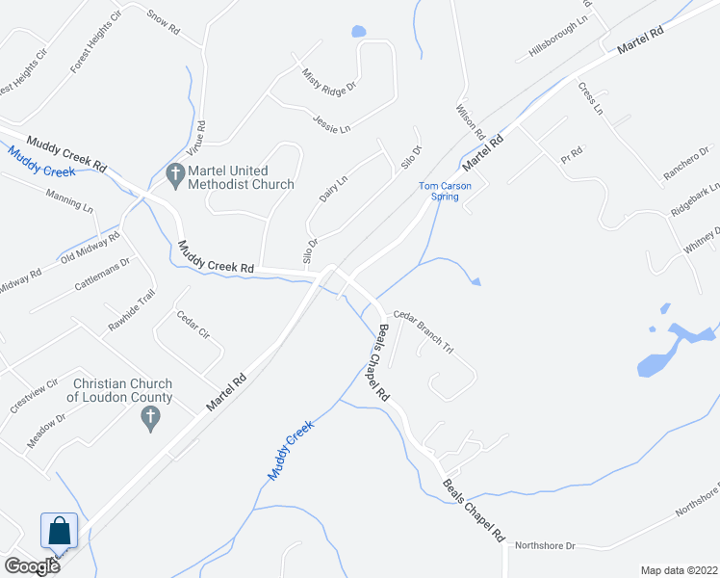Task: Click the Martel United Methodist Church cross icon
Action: click(x=175, y=175)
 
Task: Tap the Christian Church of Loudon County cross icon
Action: click(x=149, y=417)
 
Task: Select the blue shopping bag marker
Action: click(x=59, y=531)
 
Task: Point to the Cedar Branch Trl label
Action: click(x=424, y=334)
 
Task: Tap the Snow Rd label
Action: click(x=164, y=23)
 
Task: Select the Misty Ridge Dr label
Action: click(x=328, y=80)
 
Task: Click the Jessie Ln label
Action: click(x=331, y=122)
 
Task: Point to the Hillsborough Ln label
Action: click(x=558, y=40)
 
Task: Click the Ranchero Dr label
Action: click(x=686, y=164)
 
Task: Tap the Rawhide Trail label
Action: click(x=131, y=311)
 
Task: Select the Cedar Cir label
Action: click(x=193, y=326)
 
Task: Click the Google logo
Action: click(x=31, y=565)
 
